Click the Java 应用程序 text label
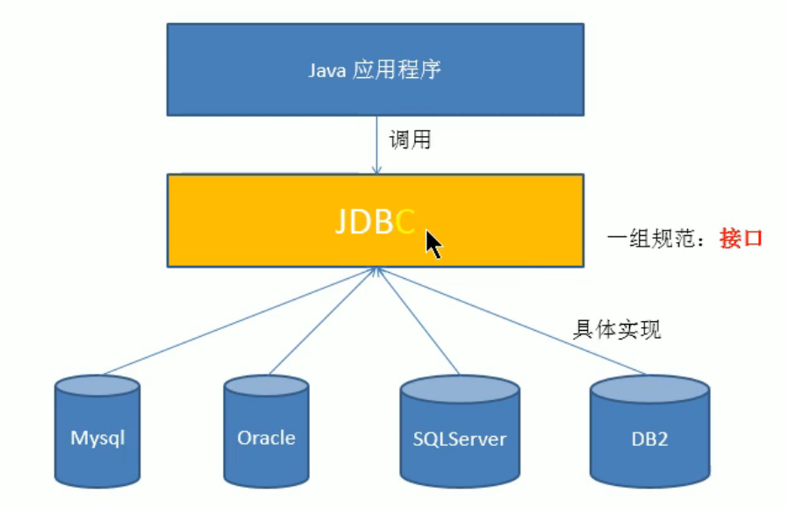375,70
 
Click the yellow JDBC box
376,220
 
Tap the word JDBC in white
376,221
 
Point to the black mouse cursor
433,244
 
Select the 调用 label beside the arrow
410,140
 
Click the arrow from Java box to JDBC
377,146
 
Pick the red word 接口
741,238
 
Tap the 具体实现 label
617,330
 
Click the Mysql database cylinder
97,431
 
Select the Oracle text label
266,438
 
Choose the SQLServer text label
459,440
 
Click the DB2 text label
649,440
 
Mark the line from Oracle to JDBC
323,322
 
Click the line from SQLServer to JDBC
418,322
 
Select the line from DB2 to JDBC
512,322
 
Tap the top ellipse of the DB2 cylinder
649,389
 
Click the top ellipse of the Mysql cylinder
97,386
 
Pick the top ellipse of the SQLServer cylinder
460,389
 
